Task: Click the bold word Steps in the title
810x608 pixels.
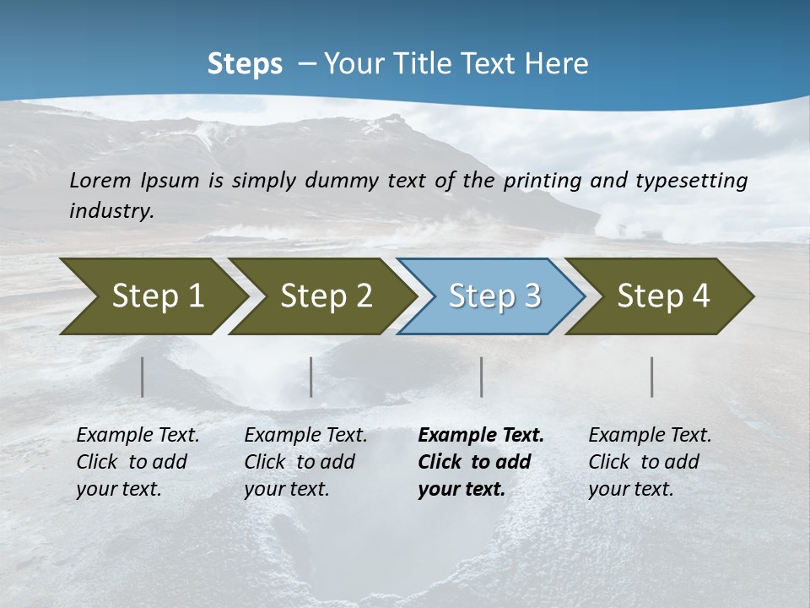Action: coord(245,64)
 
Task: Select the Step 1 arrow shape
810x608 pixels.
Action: coord(152,296)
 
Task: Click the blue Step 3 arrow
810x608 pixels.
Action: coord(491,296)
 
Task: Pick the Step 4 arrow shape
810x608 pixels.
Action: coord(660,296)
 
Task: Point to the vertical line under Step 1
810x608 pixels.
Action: coord(143,377)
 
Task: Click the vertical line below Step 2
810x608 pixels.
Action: coord(311,377)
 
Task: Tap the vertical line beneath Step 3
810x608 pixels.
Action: coord(481,377)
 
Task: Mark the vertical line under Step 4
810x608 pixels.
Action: coord(652,377)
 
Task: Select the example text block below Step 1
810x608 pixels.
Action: coord(138,462)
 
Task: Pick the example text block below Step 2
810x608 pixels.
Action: coord(305,462)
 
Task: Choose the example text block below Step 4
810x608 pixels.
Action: coord(650,462)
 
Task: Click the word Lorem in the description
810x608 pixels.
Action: coord(100,181)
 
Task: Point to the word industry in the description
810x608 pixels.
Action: coord(111,211)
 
